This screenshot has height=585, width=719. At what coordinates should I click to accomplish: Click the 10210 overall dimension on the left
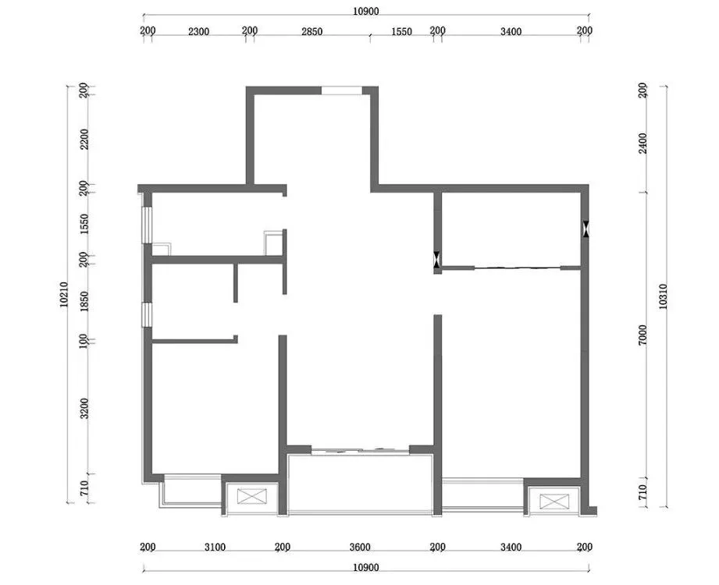tap(64, 295)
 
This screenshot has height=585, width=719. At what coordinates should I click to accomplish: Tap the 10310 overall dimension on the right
tap(663, 296)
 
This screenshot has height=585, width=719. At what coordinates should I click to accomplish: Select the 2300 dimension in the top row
tap(198, 32)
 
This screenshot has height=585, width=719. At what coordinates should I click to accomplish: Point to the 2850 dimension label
tap(311, 32)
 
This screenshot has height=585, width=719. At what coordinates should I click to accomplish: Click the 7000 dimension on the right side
tap(642, 335)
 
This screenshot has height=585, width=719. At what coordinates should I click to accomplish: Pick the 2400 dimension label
tap(642, 144)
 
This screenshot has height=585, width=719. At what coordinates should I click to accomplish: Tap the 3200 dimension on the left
tap(84, 408)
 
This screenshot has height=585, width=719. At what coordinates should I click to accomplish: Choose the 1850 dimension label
tap(84, 301)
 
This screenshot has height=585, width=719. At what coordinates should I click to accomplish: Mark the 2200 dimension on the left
tap(84, 140)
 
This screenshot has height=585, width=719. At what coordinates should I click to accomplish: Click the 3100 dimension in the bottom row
tap(215, 547)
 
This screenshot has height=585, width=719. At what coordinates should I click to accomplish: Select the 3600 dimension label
tap(360, 547)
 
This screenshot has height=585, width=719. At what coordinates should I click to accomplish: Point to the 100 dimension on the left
tap(83, 342)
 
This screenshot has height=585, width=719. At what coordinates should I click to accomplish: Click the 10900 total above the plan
tap(366, 12)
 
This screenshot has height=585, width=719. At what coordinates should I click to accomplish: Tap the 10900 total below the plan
tap(366, 568)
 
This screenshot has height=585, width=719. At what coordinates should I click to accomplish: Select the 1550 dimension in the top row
tap(402, 32)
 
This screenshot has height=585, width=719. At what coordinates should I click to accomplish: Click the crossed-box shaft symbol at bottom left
tap(251, 497)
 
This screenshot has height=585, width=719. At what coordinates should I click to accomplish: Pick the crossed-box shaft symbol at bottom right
tap(554, 502)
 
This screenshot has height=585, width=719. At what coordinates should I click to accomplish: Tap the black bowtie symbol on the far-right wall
tap(586, 229)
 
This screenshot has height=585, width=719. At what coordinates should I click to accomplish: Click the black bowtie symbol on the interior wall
tap(437, 259)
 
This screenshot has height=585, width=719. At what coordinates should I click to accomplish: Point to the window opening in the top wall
tap(342, 90)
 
